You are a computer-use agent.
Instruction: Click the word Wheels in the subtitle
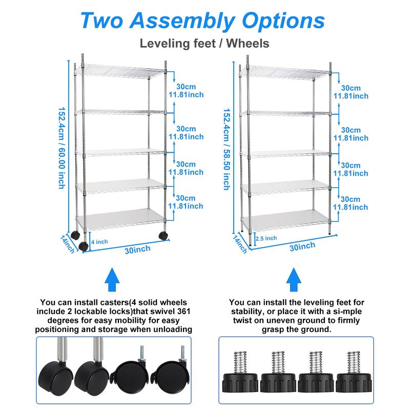(248, 43)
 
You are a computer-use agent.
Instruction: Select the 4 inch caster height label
(99, 241)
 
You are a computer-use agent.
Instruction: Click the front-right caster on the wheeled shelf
(163, 236)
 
